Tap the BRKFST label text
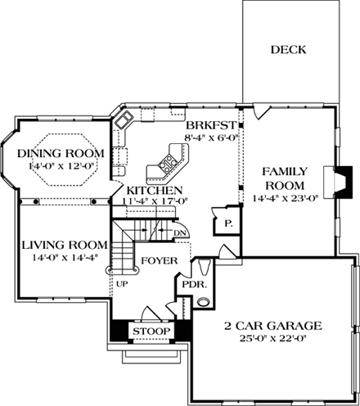click(212, 125)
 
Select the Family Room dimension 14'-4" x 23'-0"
click(285, 197)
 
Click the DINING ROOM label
click(61, 154)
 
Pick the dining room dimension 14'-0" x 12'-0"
click(61, 167)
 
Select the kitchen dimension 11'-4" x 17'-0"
click(154, 201)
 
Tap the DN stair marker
click(181, 233)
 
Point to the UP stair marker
click(123, 284)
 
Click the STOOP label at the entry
click(151, 332)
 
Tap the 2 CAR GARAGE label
click(275, 327)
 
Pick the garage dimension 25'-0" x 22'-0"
click(275, 340)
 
